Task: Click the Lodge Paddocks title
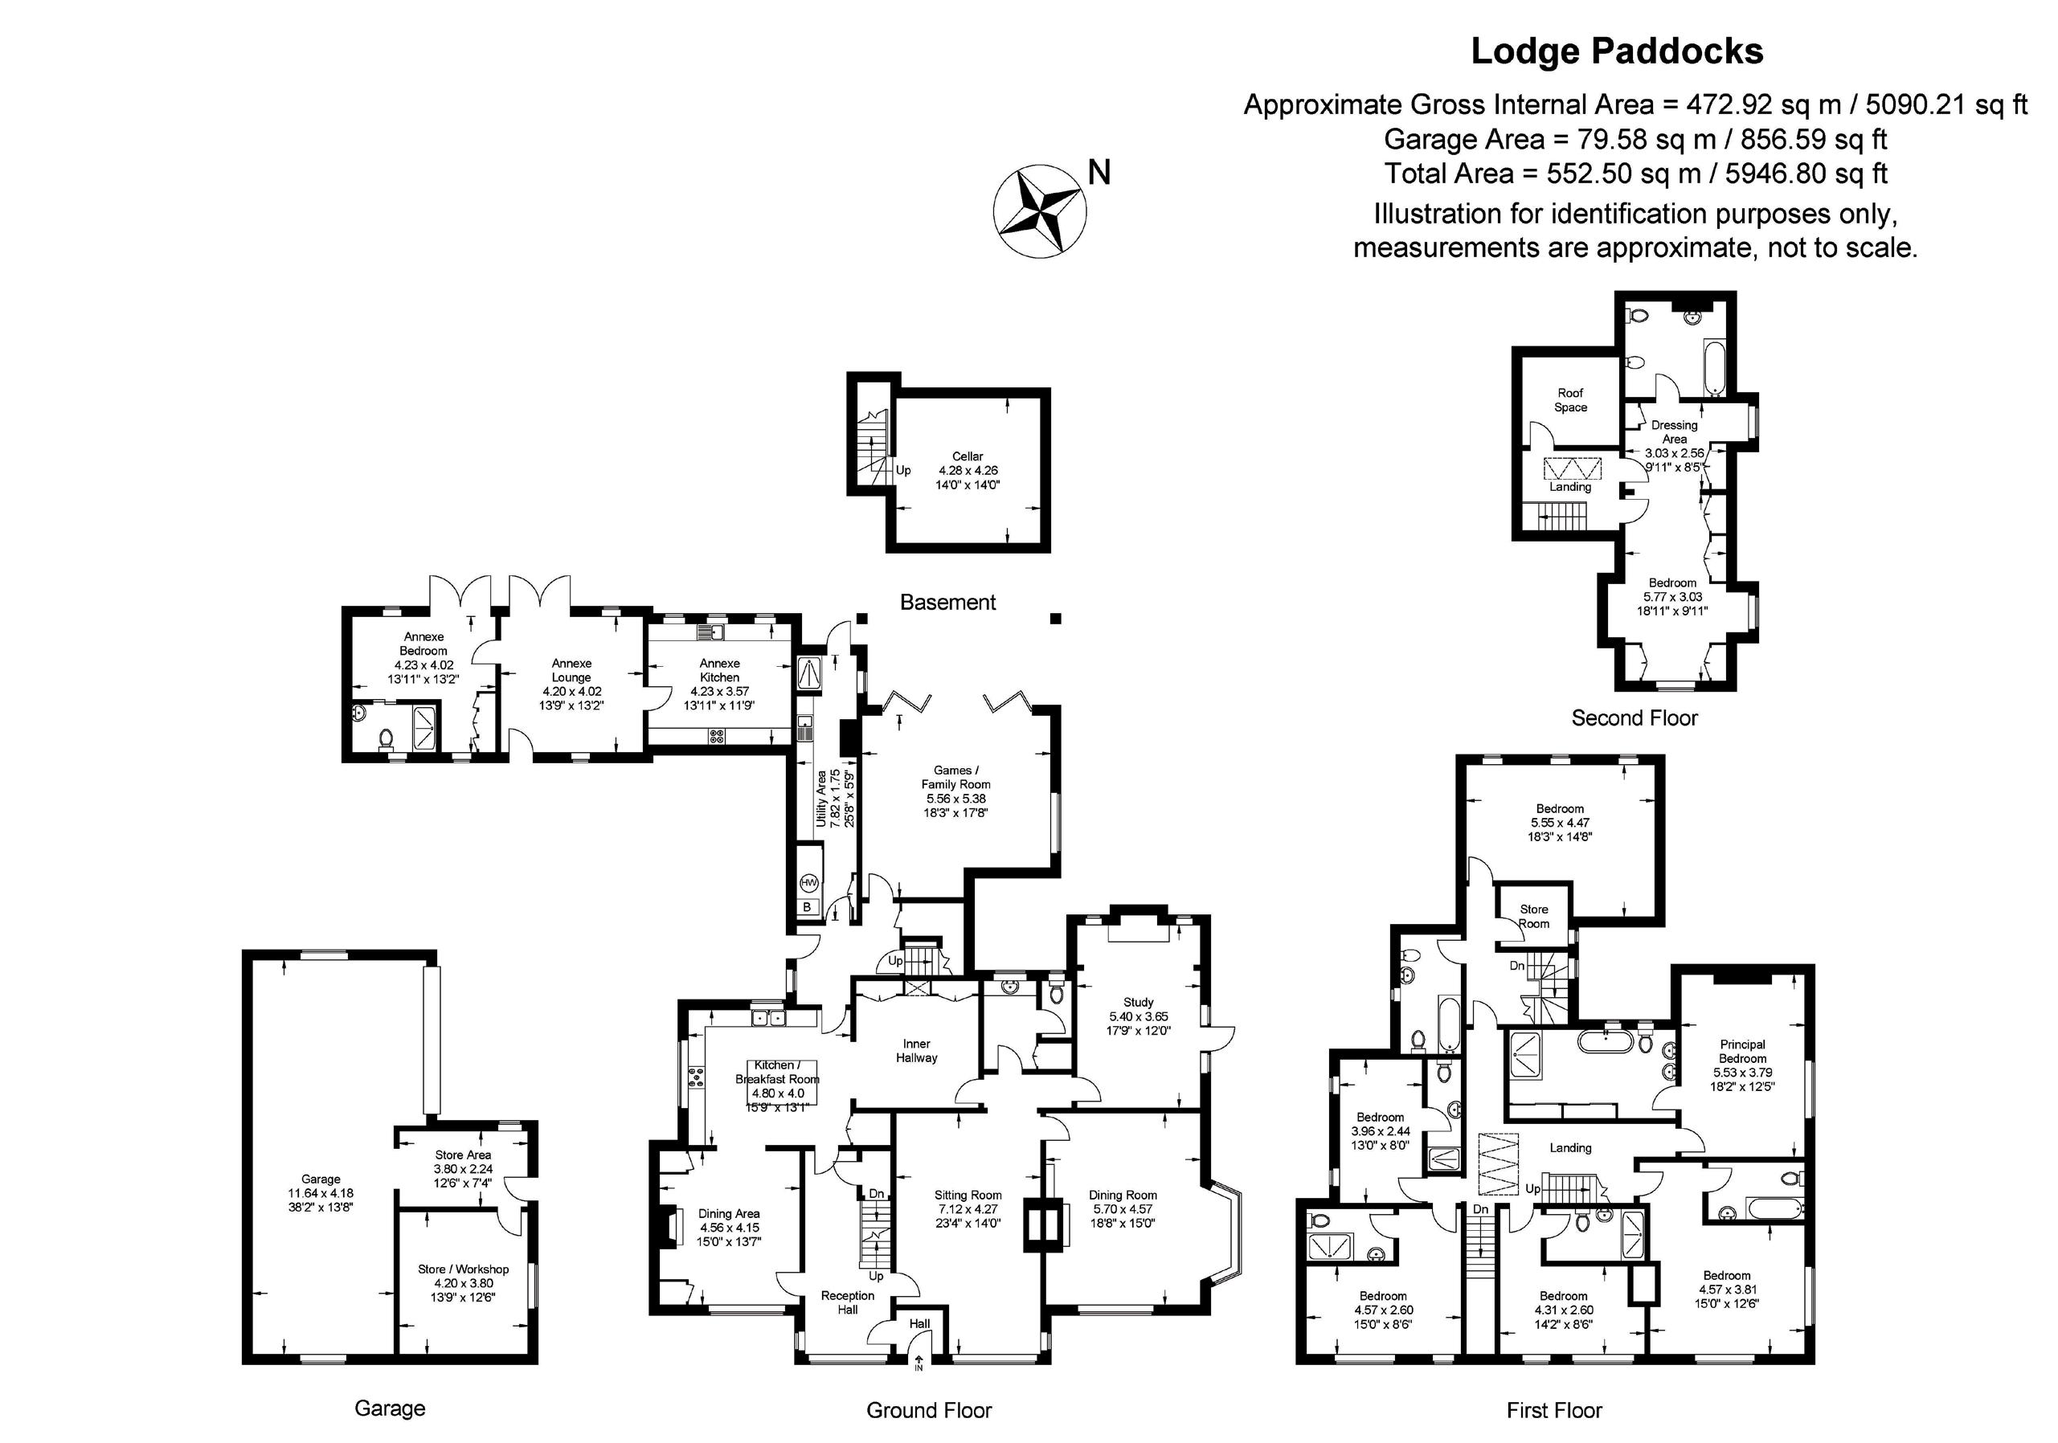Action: pos(1617,52)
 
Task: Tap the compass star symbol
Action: pos(1039,211)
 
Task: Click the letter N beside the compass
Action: pos(1099,172)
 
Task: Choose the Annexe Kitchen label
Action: pos(720,670)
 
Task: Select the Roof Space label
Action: pos(1570,400)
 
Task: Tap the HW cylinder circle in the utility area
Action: pos(808,883)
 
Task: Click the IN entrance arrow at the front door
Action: pos(919,1364)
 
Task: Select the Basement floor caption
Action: pos(947,603)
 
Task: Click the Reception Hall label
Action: pos(847,1302)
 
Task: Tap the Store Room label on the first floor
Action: pos(1533,916)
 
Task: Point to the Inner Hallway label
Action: pos(916,1050)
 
